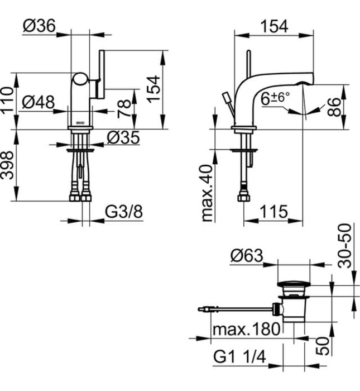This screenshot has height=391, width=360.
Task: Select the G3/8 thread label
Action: tap(124, 212)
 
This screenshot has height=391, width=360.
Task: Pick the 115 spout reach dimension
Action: tap(273, 212)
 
